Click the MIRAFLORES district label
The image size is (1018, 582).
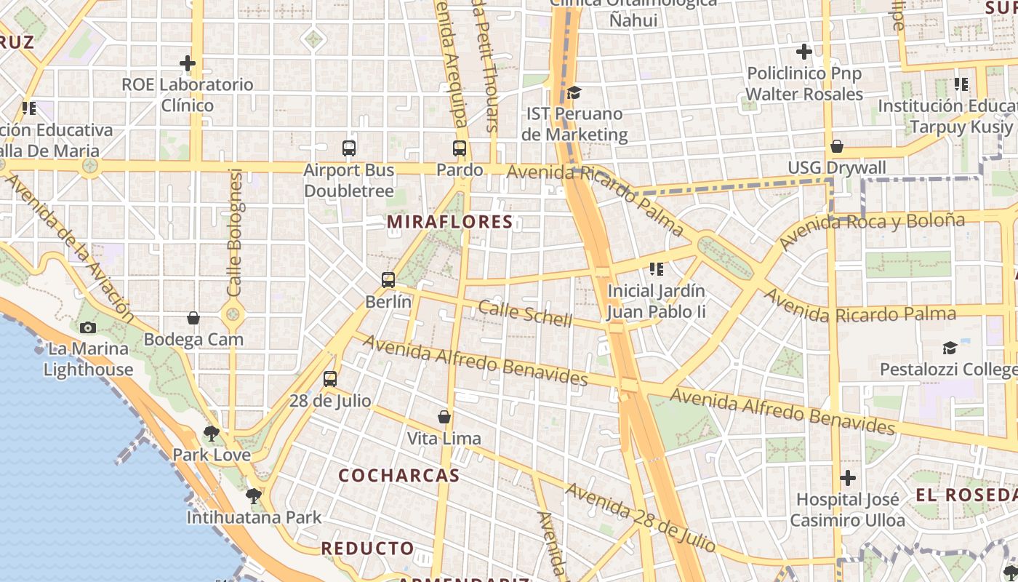(x=450, y=222)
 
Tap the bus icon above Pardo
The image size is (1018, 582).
(x=460, y=148)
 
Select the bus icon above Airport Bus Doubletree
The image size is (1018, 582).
(x=349, y=148)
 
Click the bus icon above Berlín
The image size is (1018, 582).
(x=388, y=279)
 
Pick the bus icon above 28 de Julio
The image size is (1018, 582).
(x=330, y=379)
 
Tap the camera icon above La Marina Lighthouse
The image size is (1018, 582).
(x=88, y=327)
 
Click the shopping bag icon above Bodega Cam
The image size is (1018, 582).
(x=193, y=318)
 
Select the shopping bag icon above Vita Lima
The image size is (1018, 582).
(x=444, y=417)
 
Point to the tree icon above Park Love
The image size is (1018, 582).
(x=212, y=434)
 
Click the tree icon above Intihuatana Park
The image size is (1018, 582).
(x=254, y=496)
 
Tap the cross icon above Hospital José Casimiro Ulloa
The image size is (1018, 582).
(x=848, y=478)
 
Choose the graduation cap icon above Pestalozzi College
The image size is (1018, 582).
(x=950, y=348)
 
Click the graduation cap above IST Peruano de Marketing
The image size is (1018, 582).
(x=574, y=92)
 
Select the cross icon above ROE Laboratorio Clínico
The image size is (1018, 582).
(x=188, y=63)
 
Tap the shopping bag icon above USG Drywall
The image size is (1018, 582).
(x=837, y=146)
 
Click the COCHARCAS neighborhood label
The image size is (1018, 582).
(x=399, y=476)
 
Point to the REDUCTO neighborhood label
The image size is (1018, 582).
(x=368, y=548)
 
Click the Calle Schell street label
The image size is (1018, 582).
(x=525, y=314)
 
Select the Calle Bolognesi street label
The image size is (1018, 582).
(x=235, y=233)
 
